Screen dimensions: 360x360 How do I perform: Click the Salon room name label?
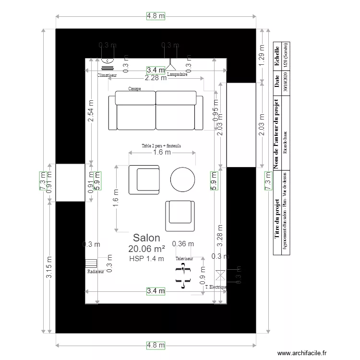[x=146, y=238]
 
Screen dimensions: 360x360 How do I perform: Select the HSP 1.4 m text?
[x=146, y=259]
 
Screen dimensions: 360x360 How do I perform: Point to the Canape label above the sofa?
[x=135, y=88]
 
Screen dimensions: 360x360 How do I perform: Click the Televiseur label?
[x=184, y=258]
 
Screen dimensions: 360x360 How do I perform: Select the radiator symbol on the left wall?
[x=91, y=263]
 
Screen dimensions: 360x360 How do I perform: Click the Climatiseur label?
[x=107, y=75]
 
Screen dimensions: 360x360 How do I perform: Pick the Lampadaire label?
[x=177, y=75]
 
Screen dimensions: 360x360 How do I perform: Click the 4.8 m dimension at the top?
[x=156, y=16]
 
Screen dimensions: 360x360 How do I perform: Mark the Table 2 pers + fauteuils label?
[x=161, y=145]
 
